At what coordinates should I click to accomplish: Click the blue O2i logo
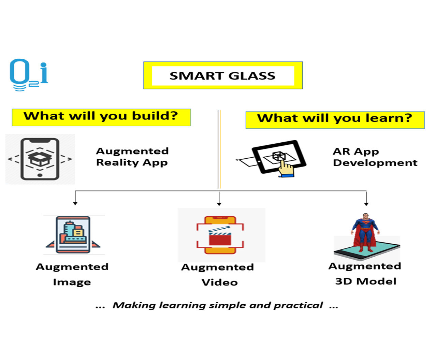click(x=29, y=75)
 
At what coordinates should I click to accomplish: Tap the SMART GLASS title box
click(x=223, y=75)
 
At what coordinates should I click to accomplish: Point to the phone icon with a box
click(x=40, y=159)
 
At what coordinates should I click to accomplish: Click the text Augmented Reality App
click(x=132, y=157)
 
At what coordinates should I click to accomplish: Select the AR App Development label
click(x=375, y=157)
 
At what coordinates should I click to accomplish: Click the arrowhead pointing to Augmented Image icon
click(x=75, y=203)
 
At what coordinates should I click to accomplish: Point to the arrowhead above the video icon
click(x=219, y=204)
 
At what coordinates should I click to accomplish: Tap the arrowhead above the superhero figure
click(x=366, y=204)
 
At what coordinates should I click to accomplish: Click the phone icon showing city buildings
click(x=73, y=235)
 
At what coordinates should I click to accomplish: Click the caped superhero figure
click(x=365, y=233)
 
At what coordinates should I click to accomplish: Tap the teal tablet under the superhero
click(x=367, y=250)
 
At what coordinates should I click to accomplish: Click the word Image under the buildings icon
click(x=72, y=282)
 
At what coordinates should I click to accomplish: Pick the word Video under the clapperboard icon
click(x=220, y=282)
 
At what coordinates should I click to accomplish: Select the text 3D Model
click(x=366, y=281)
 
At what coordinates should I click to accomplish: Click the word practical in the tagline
click(x=298, y=305)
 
